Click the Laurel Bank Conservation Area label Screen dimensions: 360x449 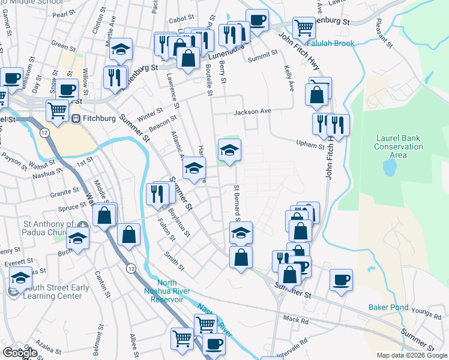(x=398, y=146)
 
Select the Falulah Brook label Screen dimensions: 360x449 (x=330, y=43)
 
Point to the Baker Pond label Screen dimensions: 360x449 (x=388, y=308)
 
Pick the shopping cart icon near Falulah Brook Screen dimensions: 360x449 (x=304, y=27)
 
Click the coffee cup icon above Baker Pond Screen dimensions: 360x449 (x=342, y=279)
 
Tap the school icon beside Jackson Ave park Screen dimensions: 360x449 (x=229, y=151)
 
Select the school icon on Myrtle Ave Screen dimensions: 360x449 (x=121, y=50)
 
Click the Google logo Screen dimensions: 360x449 (x=20, y=353)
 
